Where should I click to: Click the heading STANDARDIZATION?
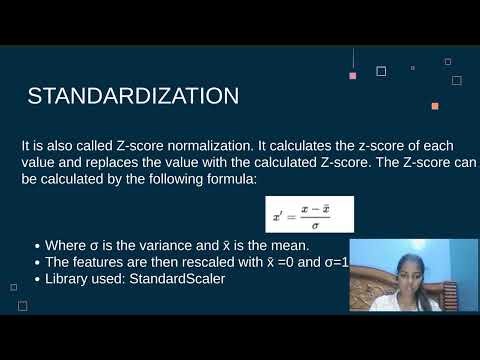[x=132, y=97]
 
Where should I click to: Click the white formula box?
[x=310, y=214]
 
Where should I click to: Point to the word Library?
[x=69, y=278]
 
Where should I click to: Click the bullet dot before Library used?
[x=37, y=279]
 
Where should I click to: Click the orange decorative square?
[x=435, y=106]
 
